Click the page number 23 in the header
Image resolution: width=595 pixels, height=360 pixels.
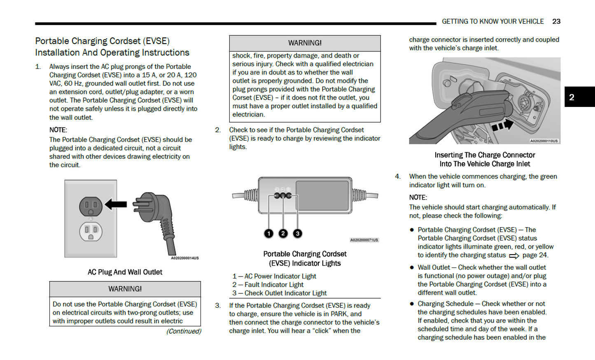click(x=556, y=21)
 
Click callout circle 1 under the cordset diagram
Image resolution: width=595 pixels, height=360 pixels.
click(x=268, y=234)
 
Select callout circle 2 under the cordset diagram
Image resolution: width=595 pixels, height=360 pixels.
click(x=283, y=234)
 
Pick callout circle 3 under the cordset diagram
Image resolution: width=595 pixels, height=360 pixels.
click(x=297, y=234)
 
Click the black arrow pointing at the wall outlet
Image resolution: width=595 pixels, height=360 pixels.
click(x=116, y=204)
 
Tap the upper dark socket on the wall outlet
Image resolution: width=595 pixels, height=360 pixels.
click(x=91, y=206)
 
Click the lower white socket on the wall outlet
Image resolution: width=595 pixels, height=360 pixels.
click(x=91, y=232)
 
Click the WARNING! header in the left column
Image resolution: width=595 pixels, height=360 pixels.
click(x=125, y=289)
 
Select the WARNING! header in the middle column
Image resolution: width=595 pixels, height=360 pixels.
click(x=305, y=43)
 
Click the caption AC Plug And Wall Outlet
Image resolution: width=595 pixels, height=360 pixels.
click(x=125, y=272)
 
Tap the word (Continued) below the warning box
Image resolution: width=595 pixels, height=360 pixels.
click(x=184, y=331)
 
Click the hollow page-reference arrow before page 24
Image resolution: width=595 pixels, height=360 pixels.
click(x=514, y=256)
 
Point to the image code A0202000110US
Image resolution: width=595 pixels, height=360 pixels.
click(x=544, y=141)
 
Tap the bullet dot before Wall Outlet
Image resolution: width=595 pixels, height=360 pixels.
click(x=411, y=268)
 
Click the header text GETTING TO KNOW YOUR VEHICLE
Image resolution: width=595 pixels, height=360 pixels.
click(x=492, y=21)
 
